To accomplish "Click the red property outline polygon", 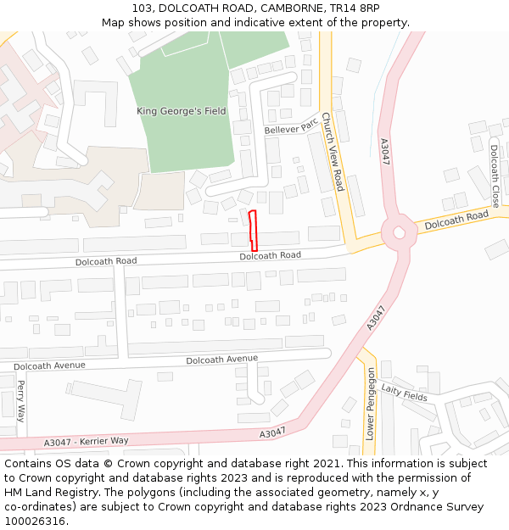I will [252, 229].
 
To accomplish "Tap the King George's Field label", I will [182, 111].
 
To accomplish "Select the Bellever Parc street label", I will [290, 126].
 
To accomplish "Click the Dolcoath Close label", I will [495, 176].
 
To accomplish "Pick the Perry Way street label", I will [21, 400].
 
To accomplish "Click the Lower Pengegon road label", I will [370, 403].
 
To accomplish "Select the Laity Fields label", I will [404, 391].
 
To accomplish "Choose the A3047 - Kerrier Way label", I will [86, 442].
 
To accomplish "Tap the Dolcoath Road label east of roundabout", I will [456, 220].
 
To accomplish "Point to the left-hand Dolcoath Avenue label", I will [50, 365].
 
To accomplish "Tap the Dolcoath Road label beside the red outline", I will [270, 255].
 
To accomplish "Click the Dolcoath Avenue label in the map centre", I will [221, 360].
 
